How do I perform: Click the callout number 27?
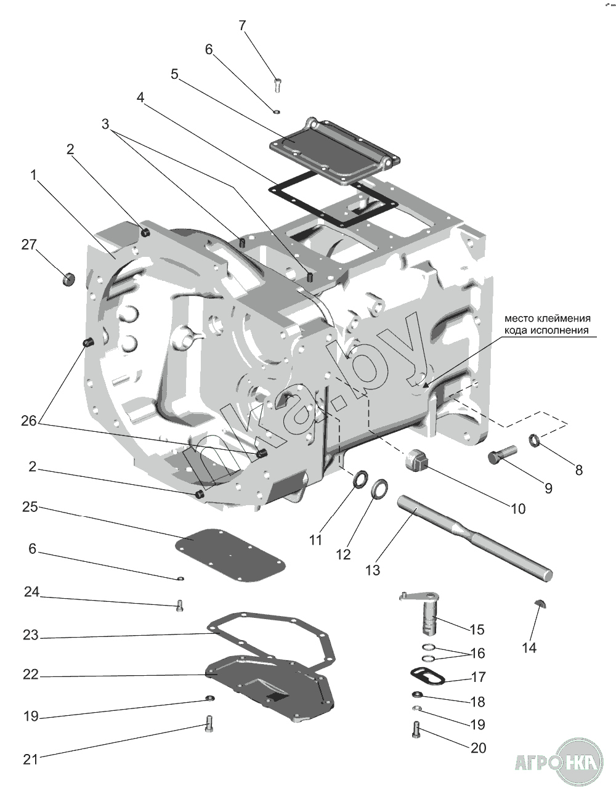click(x=29, y=245)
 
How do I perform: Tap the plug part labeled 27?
click(x=68, y=278)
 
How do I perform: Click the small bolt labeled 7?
click(x=277, y=83)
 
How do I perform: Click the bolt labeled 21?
click(x=208, y=723)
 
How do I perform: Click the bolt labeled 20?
click(x=417, y=731)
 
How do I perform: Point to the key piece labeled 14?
click(x=540, y=602)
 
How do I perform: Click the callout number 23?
click(x=30, y=635)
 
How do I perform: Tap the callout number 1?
click(x=34, y=176)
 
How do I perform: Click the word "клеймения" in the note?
click(x=562, y=319)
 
